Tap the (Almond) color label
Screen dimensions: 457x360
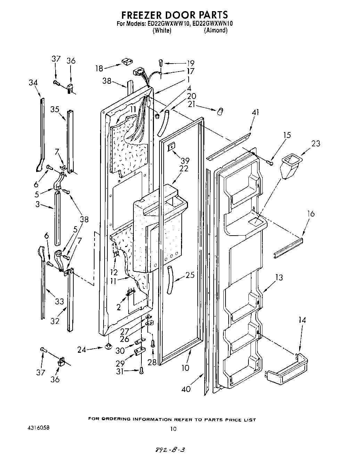tap(216, 31)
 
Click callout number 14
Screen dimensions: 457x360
tap(302, 320)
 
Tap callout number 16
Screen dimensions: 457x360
tap(311, 214)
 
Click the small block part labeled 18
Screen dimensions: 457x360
tap(126, 62)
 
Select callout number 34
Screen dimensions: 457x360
tap(33, 82)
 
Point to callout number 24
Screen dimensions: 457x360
tap(82, 350)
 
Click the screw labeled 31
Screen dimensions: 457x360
tap(141, 371)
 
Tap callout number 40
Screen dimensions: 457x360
tap(186, 389)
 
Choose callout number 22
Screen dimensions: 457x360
tap(184, 168)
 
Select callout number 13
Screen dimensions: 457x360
tap(279, 277)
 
